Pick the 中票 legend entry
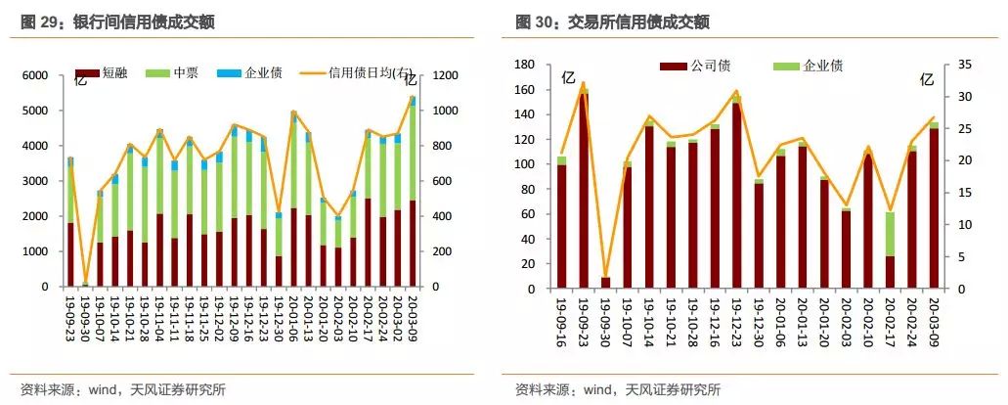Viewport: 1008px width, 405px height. (172, 71)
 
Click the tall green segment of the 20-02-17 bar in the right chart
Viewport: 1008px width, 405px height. (890, 234)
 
